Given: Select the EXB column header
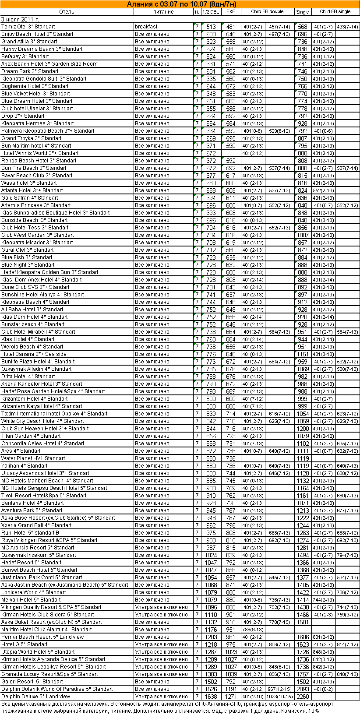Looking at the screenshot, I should (231, 12).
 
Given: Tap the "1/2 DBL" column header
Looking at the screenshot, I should (211, 12).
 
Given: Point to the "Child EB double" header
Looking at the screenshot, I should (267, 12).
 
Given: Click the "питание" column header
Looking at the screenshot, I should (163, 12).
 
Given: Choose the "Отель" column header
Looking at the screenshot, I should (67, 12).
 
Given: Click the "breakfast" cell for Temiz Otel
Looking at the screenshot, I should (146, 27).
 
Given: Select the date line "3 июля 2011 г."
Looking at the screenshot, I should (20, 19).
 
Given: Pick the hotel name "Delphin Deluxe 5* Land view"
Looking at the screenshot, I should (36, 697).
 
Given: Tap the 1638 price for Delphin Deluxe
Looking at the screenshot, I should (211, 697).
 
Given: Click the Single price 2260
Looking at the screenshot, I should (303, 697).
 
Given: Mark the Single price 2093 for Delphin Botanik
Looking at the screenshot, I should (303, 689).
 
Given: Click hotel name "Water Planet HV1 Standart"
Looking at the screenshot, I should (33, 458).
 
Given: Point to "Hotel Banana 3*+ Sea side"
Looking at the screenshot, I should (34, 354).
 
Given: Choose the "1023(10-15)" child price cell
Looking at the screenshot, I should (279, 697).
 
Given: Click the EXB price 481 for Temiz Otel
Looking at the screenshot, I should (231, 27).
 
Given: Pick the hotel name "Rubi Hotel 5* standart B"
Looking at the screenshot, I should (30, 533).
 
